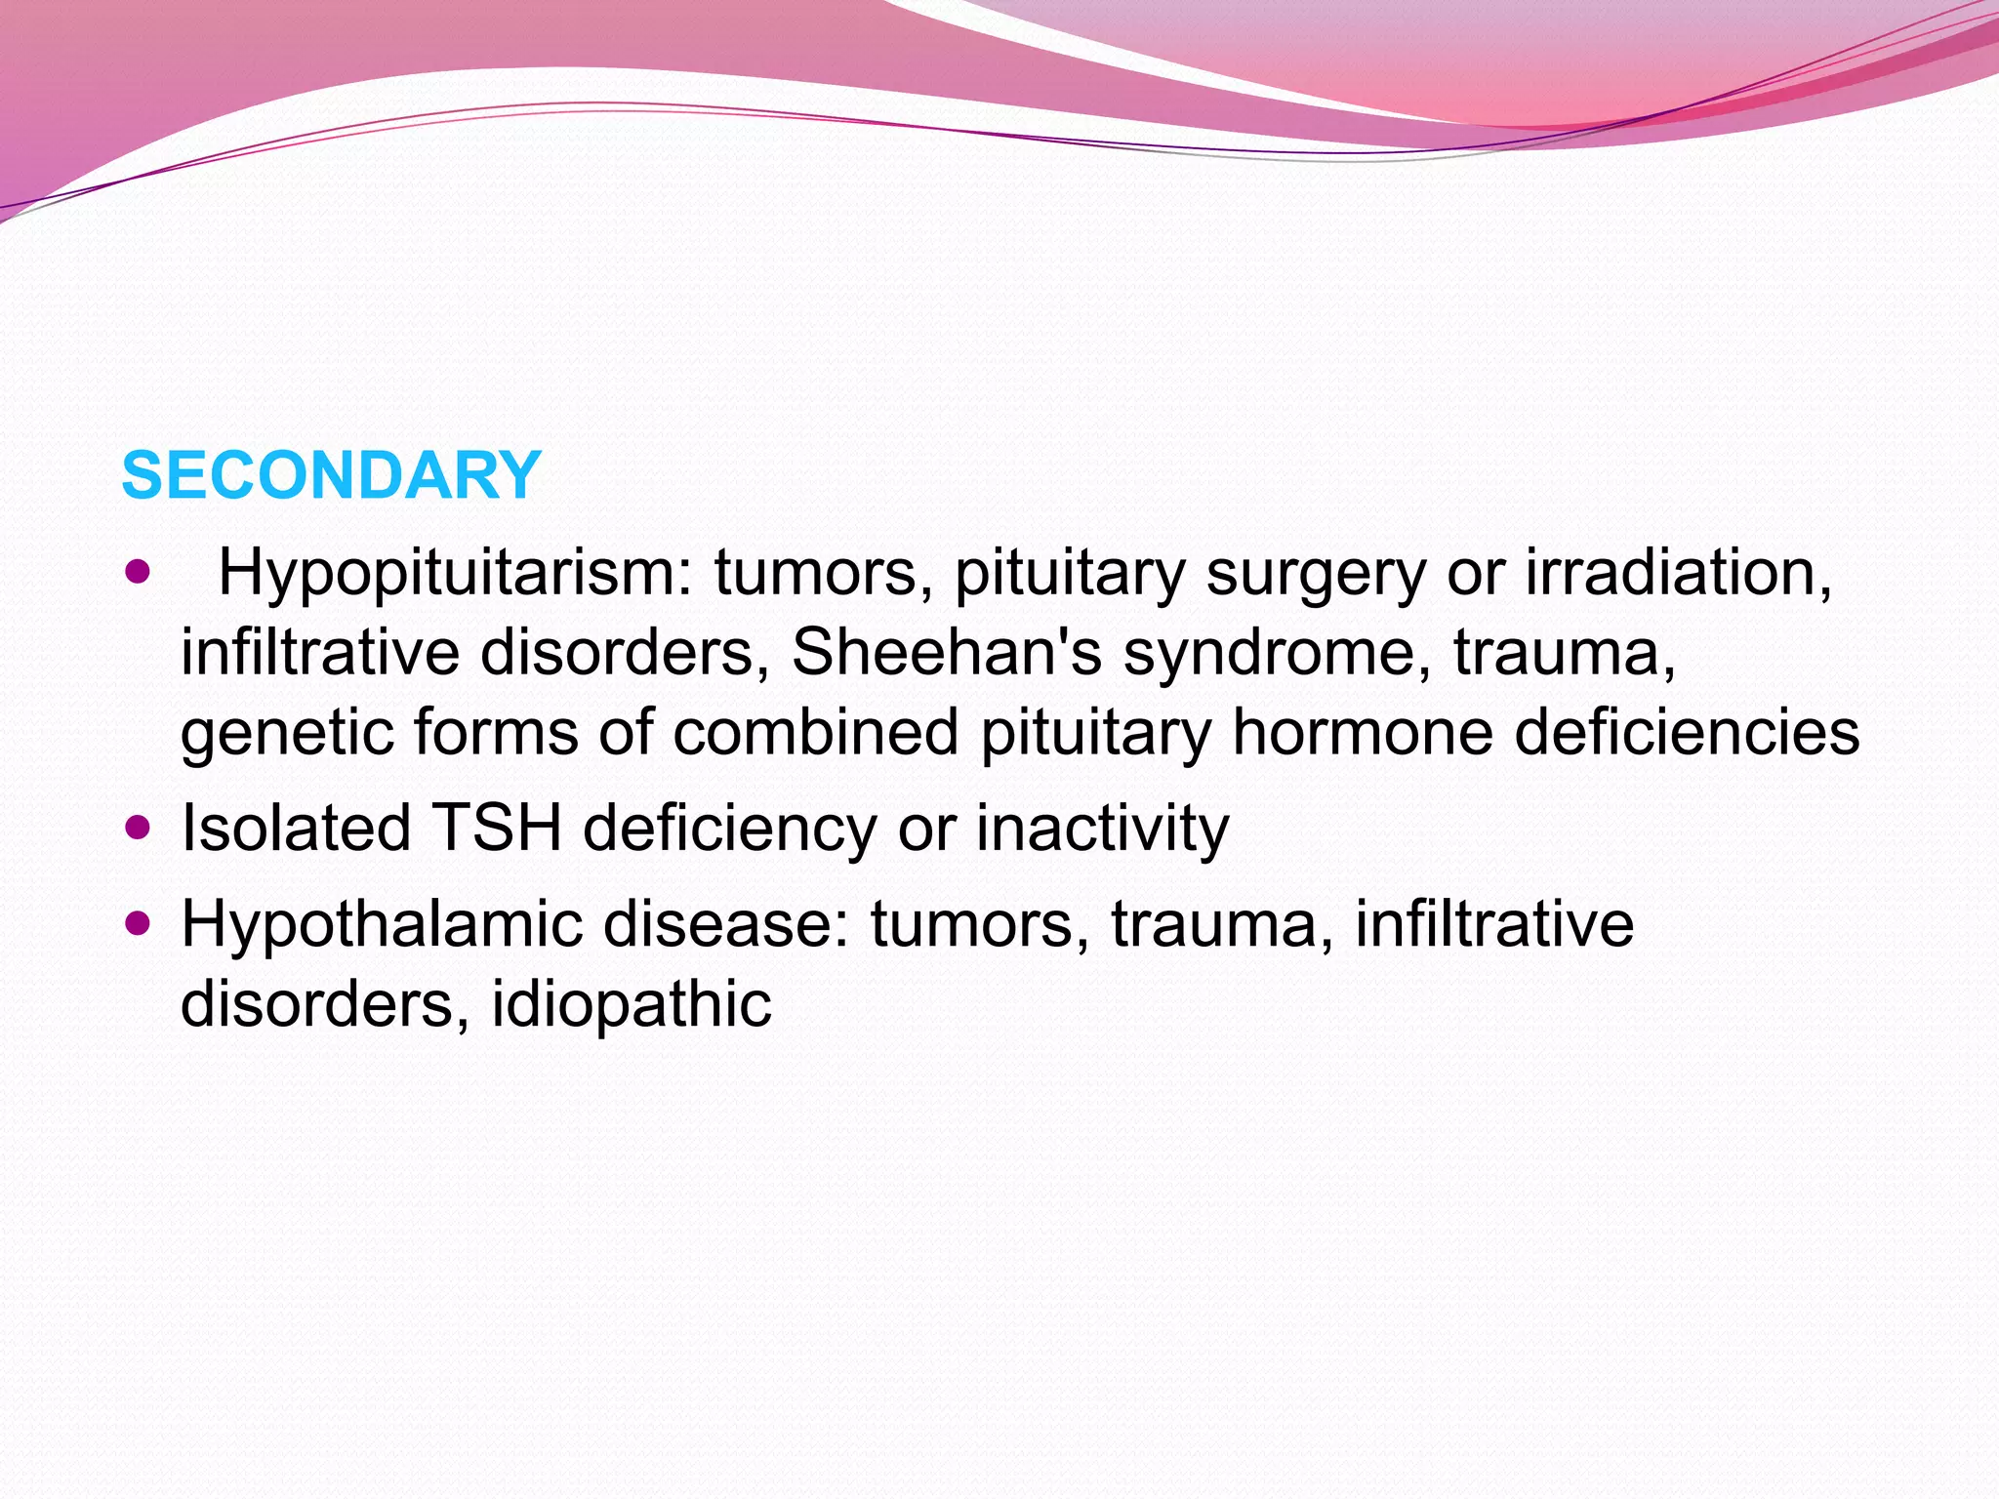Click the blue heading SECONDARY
pyautogui.click(x=331, y=476)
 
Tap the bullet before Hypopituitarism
pyautogui.click(x=139, y=571)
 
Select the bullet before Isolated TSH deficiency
pyautogui.click(x=139, y=829)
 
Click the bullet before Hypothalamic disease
pyautogui.click(x=139, y=923)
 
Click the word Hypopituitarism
pyautogui.click(x=455, y=573)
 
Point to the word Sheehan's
pyautogui.click(x=946, y=652)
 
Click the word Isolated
pyautogui.click(x=296, y=829)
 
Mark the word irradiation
pyautogui.click(x=1679, y=573)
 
